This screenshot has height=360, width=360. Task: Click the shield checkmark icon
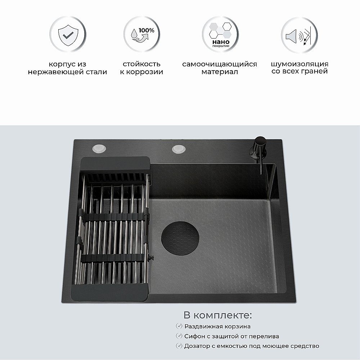[x=67, y=35]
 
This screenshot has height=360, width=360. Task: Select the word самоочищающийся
[x=220, y=64]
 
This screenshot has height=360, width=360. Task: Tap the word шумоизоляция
[x=300, y=64]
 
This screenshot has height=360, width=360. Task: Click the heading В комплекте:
[x=217, y=315]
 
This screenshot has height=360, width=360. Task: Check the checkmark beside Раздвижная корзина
[x=179, y=326]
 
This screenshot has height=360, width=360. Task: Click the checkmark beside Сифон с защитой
[x=179, y=336]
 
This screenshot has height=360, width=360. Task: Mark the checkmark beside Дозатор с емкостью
[x=179, y=346]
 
